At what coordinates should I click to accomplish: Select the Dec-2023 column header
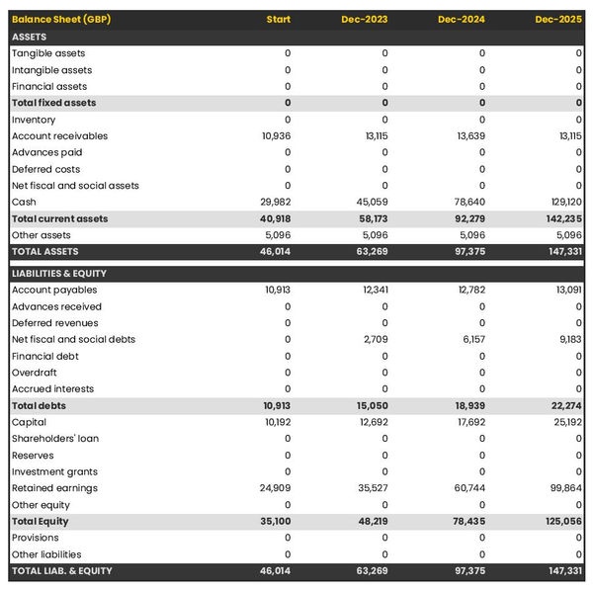click(365, 20)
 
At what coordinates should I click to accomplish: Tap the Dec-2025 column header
click(558, 20)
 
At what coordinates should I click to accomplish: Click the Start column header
click(279, 20)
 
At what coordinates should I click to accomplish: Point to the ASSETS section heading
click(30, 37)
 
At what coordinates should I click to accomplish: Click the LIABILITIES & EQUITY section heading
click(59, 274)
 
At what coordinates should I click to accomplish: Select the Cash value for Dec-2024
click(470, 202)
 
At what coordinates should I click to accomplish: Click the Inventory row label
click(34, 120)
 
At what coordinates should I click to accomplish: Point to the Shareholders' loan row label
click(55, 439)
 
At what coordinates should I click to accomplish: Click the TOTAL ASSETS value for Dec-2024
click(470, 252)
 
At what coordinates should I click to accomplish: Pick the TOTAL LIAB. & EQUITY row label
click(62, 571)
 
